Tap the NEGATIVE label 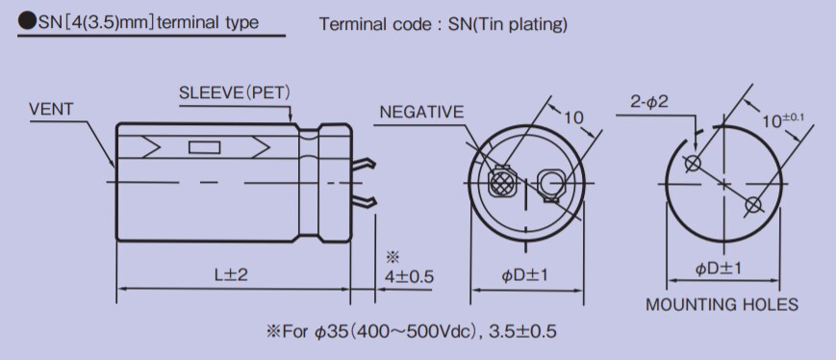click(x=421, y=113)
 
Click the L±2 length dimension click(x=231, y=275)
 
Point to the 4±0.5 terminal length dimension click(x=409, y=276)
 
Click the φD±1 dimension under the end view click(x=524, y=275)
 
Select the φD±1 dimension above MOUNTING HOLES click(x=721, y=269)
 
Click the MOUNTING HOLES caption click(x=722, y=305)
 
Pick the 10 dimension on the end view click(x=573, y=117)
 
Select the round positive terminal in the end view click(x=551, y=182)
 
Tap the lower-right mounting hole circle click(x=753, y=203)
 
